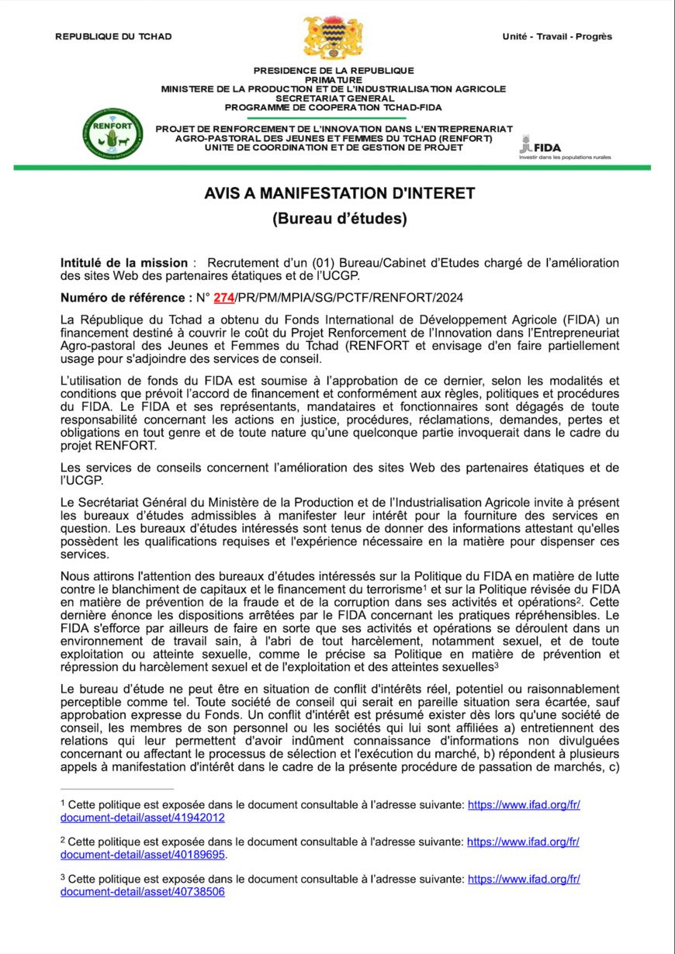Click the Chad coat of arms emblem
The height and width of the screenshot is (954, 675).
333,38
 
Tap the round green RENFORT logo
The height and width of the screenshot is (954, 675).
112,133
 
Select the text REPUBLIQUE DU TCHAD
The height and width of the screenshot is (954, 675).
113,36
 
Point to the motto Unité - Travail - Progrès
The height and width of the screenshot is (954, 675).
557,36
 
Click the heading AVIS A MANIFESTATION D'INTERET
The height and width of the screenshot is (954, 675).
339,193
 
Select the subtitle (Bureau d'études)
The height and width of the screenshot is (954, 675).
339,219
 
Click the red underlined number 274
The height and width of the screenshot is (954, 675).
224,298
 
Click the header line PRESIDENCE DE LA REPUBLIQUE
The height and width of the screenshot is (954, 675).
334,71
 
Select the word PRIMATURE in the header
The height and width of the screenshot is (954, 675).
334,80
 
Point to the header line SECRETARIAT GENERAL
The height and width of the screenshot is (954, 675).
334,99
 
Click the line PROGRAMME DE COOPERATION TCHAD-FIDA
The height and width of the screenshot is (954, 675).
334,108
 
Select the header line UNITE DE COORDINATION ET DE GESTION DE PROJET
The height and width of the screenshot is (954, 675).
334,147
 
